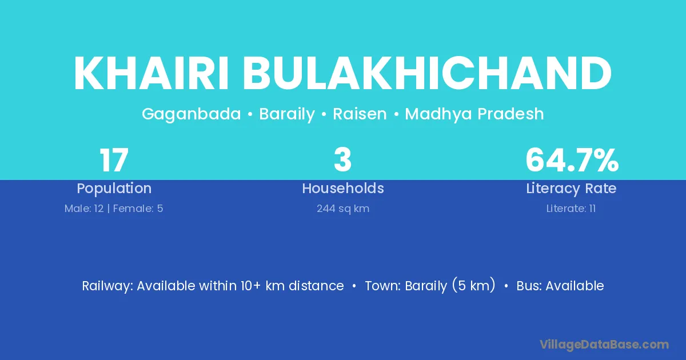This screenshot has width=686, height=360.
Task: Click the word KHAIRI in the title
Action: click(151, 73)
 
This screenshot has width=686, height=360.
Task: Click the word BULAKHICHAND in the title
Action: click(427, 73)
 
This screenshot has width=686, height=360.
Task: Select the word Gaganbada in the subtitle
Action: click(192, 114)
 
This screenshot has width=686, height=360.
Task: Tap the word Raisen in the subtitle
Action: click(360, 114)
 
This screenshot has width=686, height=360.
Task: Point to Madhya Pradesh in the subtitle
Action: click(474, 114)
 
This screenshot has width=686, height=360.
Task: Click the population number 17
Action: click(114, 160)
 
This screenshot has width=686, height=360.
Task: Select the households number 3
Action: click(342, 160)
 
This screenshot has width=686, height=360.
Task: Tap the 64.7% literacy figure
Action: click(572, 160)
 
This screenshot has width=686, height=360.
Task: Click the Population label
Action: click(114, 189)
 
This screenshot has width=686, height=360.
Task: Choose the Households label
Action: click(343, 188)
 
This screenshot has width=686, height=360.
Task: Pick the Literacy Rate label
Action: click(571, 189)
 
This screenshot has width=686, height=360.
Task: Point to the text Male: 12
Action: click(84, 209)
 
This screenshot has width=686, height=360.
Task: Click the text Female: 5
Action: click(138, 209)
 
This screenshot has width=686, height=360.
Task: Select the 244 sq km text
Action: click(343, 209)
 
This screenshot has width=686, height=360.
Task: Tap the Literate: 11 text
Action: click(571, 209)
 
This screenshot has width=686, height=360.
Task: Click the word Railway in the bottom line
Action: click(107, 286)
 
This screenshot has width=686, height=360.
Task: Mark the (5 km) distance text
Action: click(473, 285)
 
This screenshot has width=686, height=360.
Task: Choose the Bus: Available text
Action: click(560, 286)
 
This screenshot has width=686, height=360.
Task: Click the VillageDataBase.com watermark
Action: click(604, 345)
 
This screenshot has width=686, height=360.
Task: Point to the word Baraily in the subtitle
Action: click(287, 114)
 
